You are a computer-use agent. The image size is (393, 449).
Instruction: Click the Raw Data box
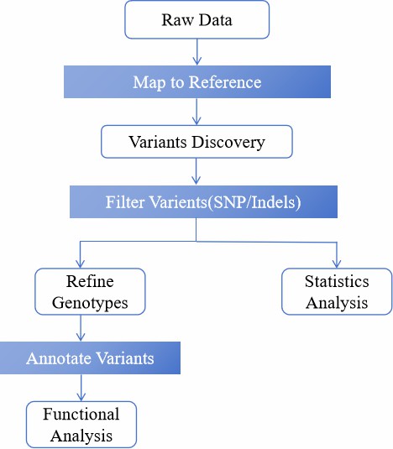point(196,20)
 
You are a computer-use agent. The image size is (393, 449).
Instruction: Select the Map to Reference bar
point(196,82)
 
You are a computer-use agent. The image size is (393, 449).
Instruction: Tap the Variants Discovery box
point(196,142)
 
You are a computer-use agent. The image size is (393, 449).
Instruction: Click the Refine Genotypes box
point(90,291)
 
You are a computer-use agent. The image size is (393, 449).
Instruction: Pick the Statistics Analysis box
point(336,291)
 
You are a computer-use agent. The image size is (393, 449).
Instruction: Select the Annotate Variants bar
point(90,358)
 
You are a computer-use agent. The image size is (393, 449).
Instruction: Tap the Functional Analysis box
point(81,425)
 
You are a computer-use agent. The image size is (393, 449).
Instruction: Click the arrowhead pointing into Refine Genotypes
point(81,263)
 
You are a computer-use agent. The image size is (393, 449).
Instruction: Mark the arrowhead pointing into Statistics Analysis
point(336,263)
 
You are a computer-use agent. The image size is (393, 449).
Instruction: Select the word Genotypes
point(90,302)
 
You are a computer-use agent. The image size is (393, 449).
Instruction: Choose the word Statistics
point(336,282)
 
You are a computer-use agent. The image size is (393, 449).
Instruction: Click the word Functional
point(81,415)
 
